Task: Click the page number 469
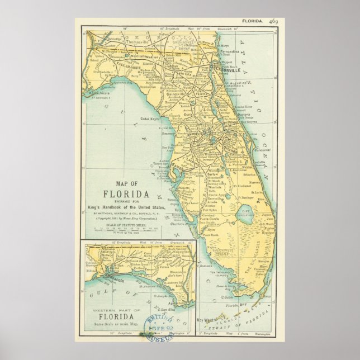point(273,21)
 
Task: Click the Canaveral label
point(262,149)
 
